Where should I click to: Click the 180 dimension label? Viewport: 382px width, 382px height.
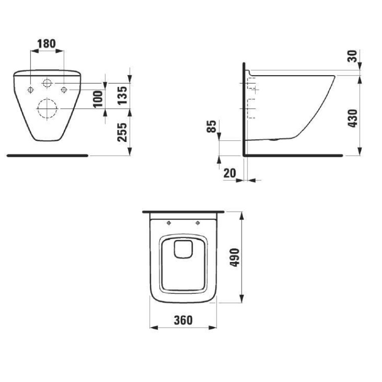coord(46,44)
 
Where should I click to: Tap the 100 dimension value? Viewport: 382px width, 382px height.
coord(99,99)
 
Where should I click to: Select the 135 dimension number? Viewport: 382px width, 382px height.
coord(123,95)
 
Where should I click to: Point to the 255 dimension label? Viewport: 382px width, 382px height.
coord(123,132)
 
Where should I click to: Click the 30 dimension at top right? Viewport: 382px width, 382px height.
coord(353,56)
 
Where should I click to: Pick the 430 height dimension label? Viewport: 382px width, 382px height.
coord(353,119)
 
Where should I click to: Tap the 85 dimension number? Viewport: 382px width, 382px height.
coord(211,126)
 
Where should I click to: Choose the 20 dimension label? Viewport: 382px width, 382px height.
coord(230,173)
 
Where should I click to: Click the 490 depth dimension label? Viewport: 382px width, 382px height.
coord(235,257)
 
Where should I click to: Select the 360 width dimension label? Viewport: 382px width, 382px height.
coord(183,320)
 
